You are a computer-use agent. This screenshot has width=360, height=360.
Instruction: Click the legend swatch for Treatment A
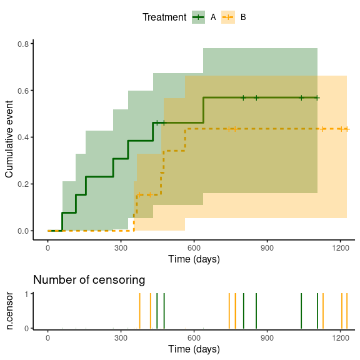[198, 17]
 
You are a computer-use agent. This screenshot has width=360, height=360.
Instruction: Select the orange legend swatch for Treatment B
[228, 17]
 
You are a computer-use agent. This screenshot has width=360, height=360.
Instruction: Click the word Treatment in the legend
[164, 17]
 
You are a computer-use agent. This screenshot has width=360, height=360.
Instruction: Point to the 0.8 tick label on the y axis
[23, 44]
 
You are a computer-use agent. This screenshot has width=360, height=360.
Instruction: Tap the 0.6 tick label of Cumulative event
[23, 91]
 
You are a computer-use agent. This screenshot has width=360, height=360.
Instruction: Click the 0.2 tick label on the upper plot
[23, 184]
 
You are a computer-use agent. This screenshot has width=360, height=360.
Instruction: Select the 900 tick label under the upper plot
[267, 248]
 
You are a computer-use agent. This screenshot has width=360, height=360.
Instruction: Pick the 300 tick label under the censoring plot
[121, 338]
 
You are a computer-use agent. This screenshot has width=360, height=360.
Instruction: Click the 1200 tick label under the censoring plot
[340, 338]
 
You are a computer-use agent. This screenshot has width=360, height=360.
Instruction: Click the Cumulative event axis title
[9, 139]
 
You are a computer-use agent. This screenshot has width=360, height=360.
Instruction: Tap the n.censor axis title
[9, 311]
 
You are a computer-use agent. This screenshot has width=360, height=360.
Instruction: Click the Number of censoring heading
[89, 280]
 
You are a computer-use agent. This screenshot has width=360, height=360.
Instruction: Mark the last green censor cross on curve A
[317, 98]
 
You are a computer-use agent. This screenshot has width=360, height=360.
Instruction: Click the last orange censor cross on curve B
[347, 129]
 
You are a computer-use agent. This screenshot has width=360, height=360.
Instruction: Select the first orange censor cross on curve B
[139, 195]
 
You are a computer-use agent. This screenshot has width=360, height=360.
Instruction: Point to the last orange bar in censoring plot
[347, 311]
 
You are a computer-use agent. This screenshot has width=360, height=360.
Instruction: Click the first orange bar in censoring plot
[139, 311]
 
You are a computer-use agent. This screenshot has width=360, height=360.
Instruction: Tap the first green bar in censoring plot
[157, 311]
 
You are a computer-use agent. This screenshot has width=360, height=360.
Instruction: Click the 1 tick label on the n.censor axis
[27, 294]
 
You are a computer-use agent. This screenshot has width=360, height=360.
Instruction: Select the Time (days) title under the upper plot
[194, 259]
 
